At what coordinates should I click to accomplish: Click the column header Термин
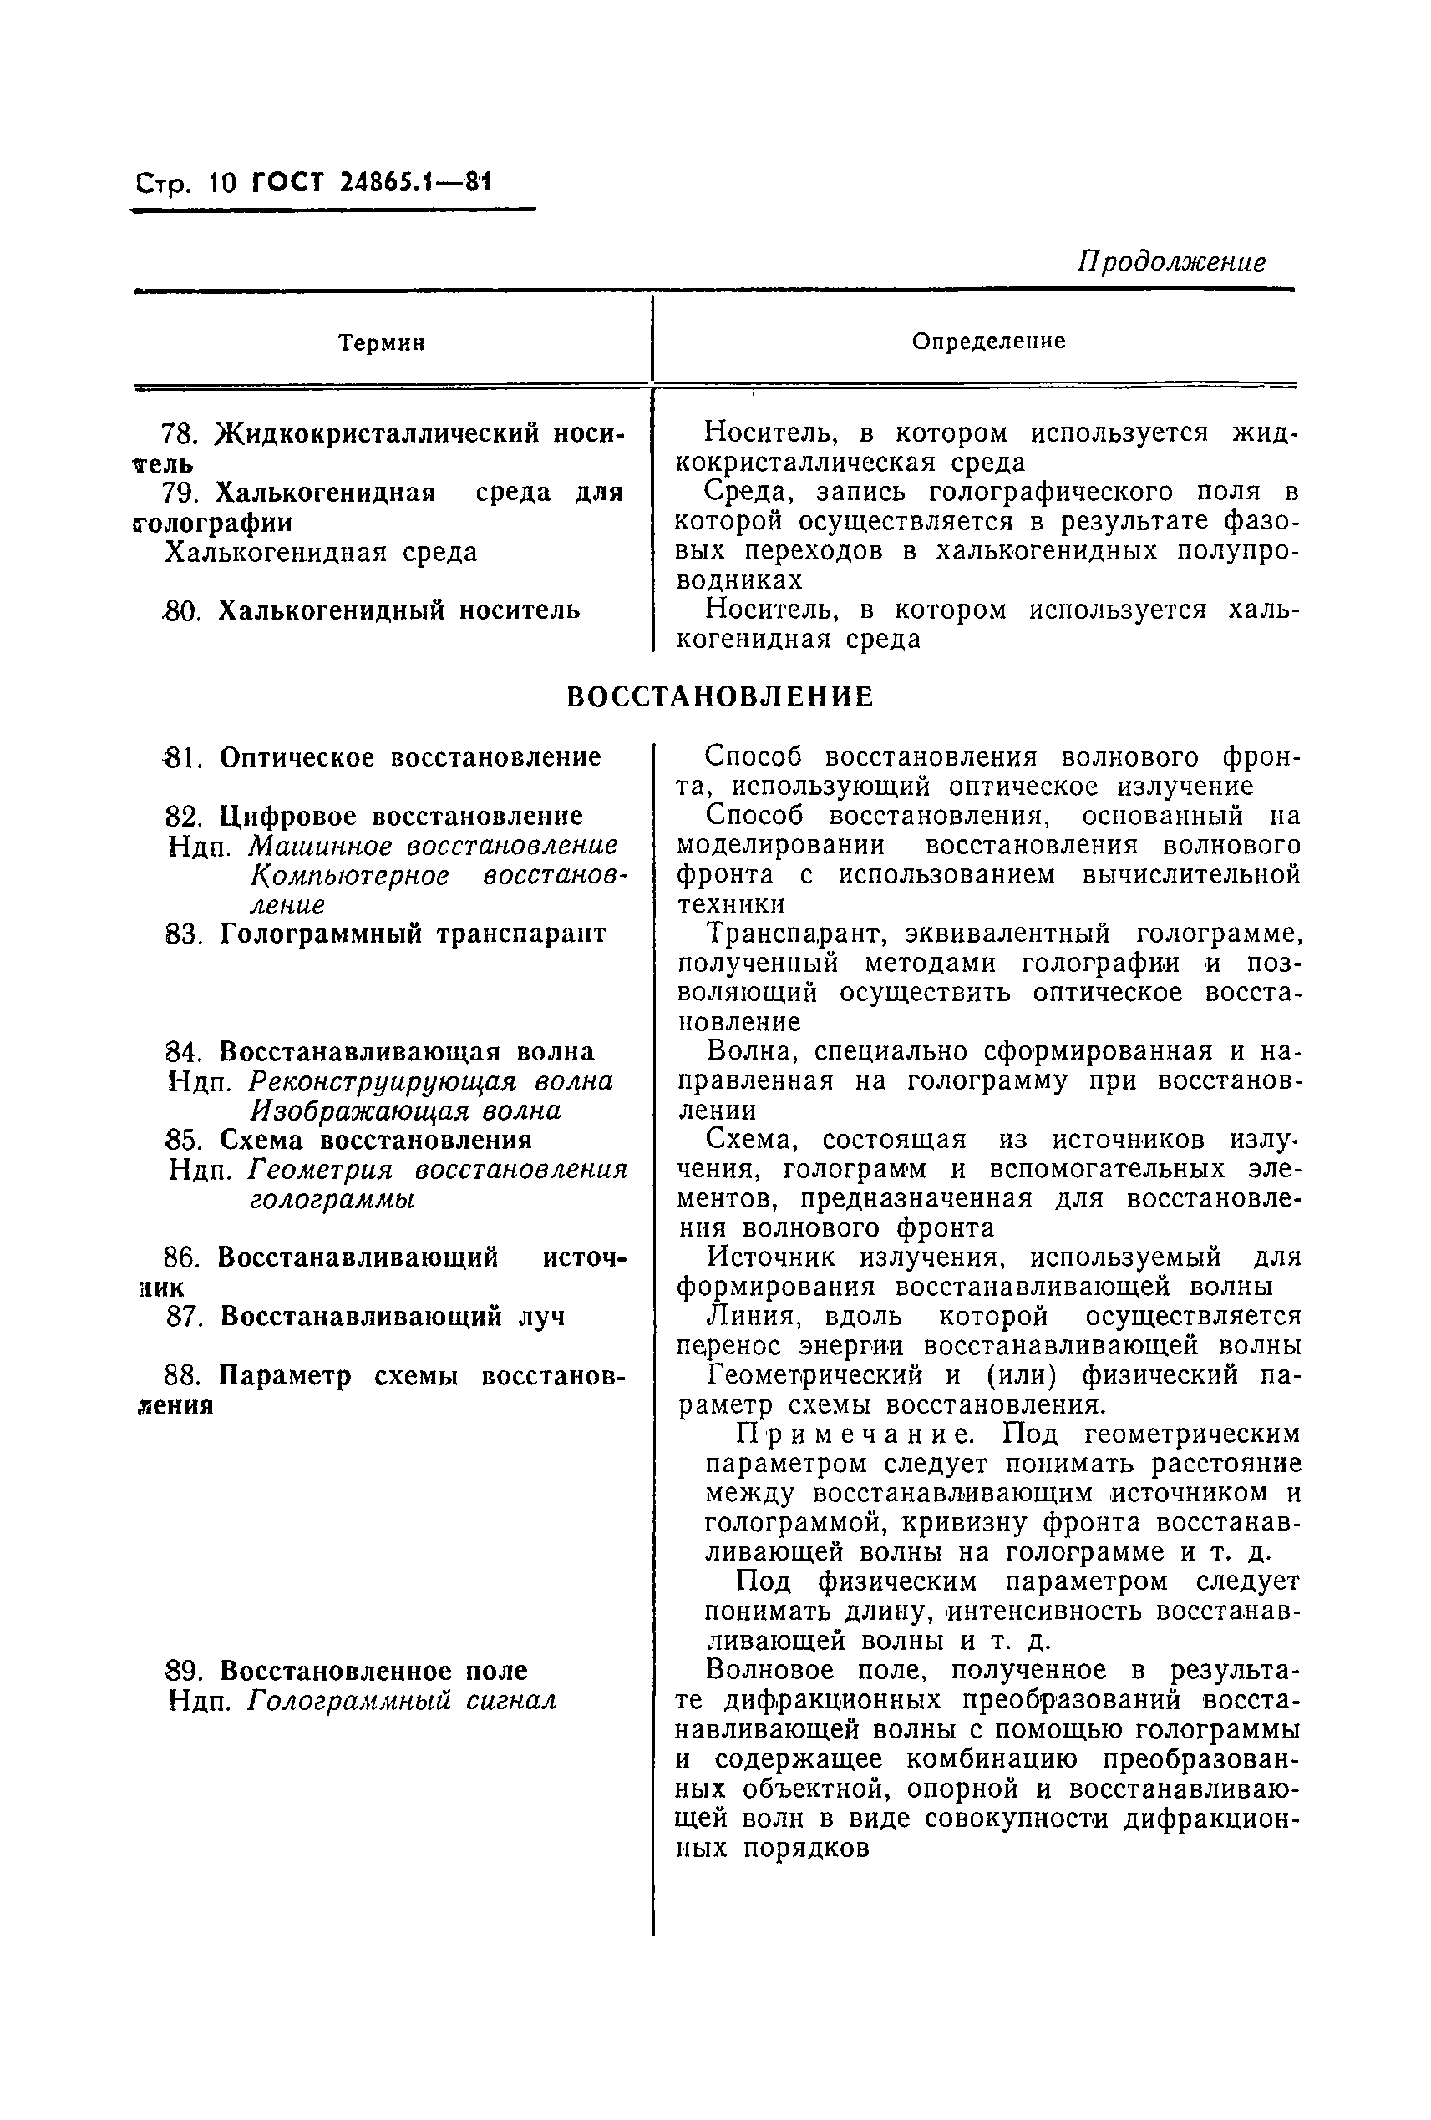point(382,343)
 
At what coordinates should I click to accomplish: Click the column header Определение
point(988,342)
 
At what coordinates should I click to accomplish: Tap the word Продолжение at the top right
point(1171,263)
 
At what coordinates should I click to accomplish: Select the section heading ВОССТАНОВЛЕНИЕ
point(719,697)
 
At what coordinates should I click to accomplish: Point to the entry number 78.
point(181,433)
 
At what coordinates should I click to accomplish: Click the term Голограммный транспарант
point(414,934)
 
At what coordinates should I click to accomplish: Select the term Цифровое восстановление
point(402,816)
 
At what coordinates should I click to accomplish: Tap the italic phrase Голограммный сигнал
point(403,1702)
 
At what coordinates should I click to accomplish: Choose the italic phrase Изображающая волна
point(406,1111)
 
